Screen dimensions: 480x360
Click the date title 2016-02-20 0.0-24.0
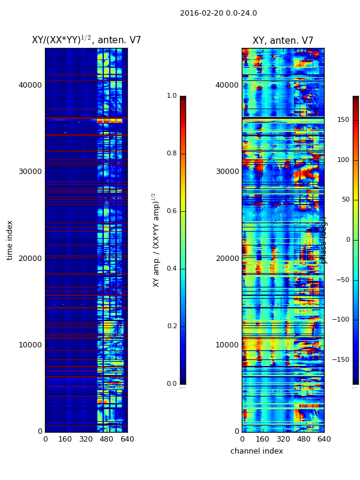[218, 13]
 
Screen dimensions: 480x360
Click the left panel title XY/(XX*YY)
[86, 40]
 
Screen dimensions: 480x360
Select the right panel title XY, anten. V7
[283, 41]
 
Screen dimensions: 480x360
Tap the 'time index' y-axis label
[10, 240]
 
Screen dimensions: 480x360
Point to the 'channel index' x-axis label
[256, 451]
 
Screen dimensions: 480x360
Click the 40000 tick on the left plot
[30, 85]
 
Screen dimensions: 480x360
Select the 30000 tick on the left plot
[30, 172]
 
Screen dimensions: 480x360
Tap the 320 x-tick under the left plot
[86, 439]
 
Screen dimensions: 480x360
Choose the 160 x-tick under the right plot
[262, 439]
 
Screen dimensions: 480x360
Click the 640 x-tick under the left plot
[127, 439]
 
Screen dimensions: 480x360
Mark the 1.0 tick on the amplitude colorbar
[172, 96]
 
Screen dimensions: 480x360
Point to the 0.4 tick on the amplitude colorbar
[172, 269]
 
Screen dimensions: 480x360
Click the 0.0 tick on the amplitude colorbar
[172, 384]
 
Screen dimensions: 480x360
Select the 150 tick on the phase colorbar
[343, 120]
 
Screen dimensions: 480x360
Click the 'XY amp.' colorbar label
[155, 240]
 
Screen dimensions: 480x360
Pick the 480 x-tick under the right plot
[304, 439]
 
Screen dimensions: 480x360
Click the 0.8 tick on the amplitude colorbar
[172, 154]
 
